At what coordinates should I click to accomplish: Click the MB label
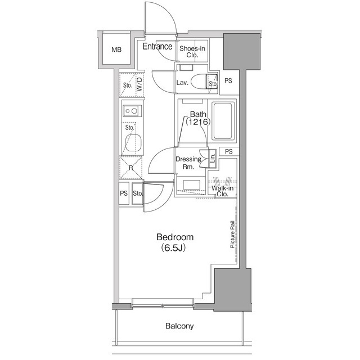[x=116, y=49]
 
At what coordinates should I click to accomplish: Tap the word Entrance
[x=157, y=46]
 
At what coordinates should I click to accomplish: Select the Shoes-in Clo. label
[x=192, y=52]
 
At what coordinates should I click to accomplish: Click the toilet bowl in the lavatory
[x=199, y=81]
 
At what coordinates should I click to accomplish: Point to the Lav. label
[x=182, y=83]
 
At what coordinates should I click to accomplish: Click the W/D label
[x=139, y=84]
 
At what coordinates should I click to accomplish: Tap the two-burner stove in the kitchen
[x=132, y=111]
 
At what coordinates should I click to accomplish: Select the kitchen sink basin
[x=133, y=143]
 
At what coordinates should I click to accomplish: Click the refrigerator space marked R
[x=131, y=168]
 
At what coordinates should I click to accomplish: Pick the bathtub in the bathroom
[x=222, y=121]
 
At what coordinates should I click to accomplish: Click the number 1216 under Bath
[x=198, y=121]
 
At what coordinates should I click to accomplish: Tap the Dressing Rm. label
[x=188, y=163]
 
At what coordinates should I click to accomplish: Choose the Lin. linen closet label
[x=213, y=158]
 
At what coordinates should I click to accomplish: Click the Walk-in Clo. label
[x=222, y=191]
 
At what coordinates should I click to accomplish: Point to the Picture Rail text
[x=232, y=235]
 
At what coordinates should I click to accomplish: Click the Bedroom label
[x=175, y=237]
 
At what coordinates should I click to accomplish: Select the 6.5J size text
[x=173, y=247]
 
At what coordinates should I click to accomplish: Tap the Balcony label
[x=179, y=326]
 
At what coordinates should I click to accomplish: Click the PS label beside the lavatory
[x=228, y=81]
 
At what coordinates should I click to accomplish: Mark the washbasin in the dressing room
[x=191, y=184]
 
